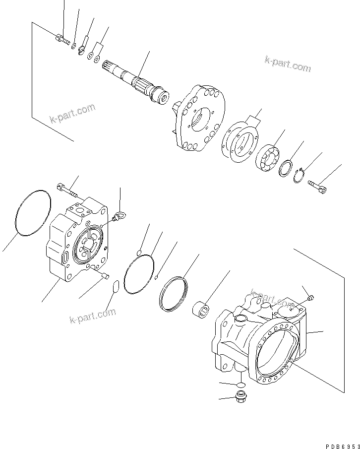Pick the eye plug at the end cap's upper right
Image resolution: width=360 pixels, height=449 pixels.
point(119,216)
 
